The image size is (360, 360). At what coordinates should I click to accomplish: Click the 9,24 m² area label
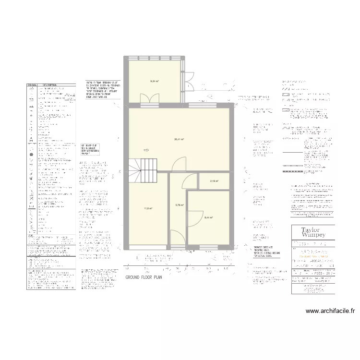tap(154, 81)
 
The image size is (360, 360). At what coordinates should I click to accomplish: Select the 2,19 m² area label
tap(214, 181)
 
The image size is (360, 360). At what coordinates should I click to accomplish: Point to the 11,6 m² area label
tap(148, 208)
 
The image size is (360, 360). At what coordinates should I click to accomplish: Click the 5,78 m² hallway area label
tap(180, 205)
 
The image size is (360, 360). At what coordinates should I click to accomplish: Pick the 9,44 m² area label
tap(208, 217)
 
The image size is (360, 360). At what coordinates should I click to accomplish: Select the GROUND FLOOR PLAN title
tap(145, 278)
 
